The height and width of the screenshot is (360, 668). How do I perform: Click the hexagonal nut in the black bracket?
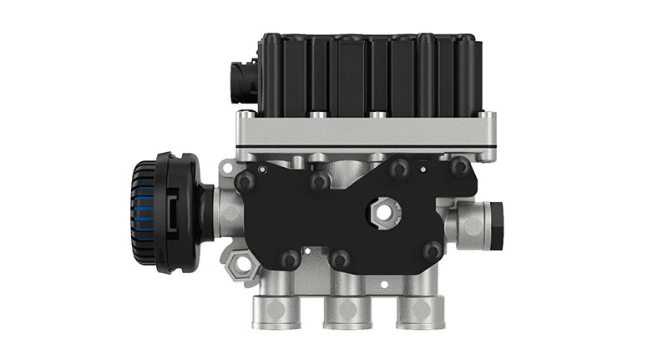tap(384, 213)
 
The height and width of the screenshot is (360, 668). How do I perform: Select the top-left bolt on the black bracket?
tap(244, 181)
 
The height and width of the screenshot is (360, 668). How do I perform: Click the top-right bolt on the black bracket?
tap(458, 167)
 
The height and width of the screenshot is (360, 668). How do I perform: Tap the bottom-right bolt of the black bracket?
tap(433, 251)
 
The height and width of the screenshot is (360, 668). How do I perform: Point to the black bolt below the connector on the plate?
tap(243, 118)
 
